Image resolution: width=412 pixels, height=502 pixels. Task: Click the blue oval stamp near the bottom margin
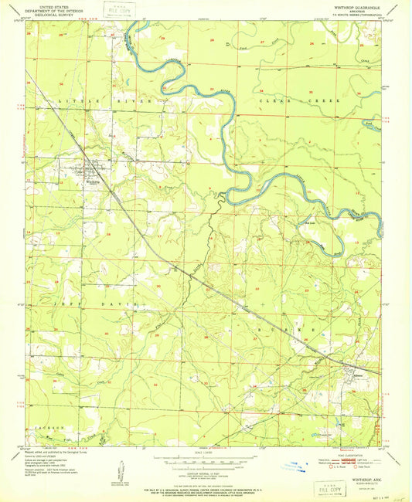point(294,466)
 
